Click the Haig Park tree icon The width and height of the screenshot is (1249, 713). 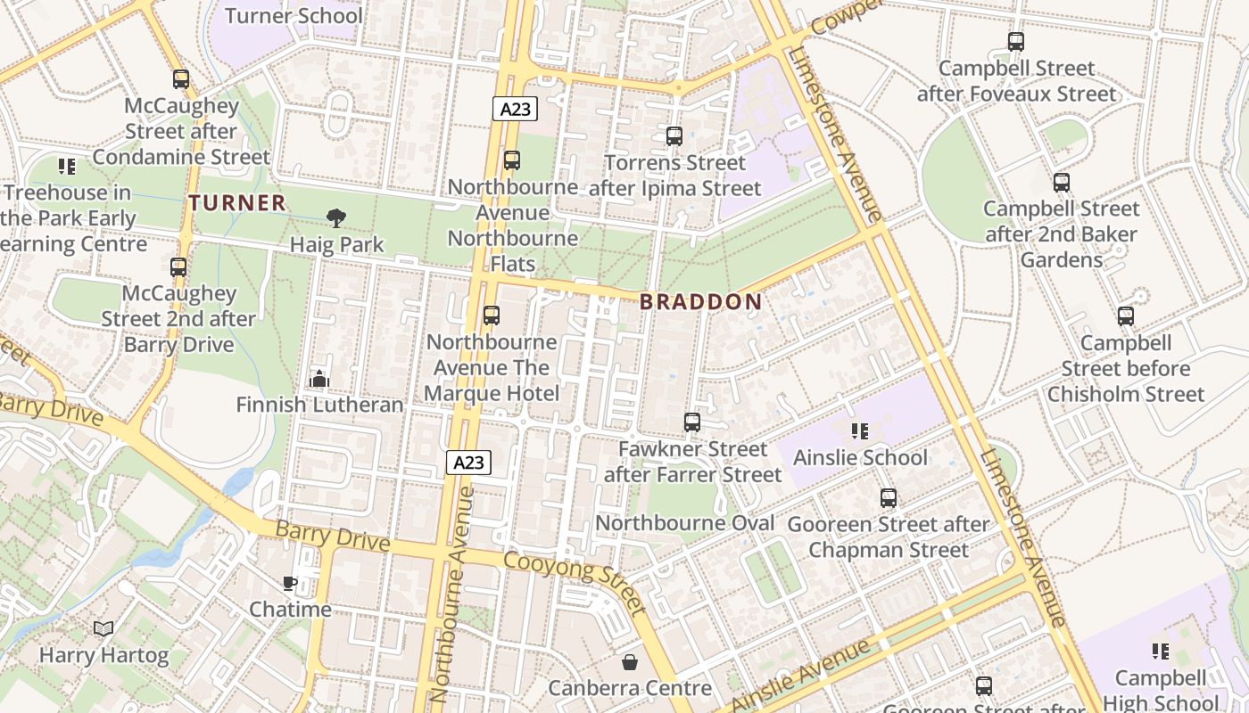(x=336, y=217)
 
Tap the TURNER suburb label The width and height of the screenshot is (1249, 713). (x=237, y=203)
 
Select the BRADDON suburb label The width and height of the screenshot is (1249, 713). (x=701, y=302)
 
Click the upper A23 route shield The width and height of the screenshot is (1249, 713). (x=515, y=110)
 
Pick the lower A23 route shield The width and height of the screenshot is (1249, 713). (x=468, y=463)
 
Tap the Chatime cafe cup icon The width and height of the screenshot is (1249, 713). (x=290, y=583)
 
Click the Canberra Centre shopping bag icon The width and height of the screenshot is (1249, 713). (x=630, y=662)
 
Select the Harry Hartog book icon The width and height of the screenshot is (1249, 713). (x=103, y=629)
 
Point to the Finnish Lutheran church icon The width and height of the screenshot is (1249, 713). (x=319, y=380)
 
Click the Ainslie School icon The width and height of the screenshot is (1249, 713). (x=860, y=431)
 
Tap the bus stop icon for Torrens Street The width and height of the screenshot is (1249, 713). (x=674, y=136)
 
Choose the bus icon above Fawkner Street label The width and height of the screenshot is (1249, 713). (x=692, y=422)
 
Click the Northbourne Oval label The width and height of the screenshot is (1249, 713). (x=684, y=523)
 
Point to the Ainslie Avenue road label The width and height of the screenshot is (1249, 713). (x=800, y=675)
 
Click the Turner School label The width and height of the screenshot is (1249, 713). (x=294, y=16)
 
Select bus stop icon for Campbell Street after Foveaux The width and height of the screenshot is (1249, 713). (x=1015, y=42)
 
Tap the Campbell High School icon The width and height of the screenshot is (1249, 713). (x=1161, y=652)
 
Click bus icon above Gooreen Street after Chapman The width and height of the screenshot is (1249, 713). (x=889, y=498)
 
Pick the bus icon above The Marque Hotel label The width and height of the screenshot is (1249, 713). (x=491, y=316)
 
